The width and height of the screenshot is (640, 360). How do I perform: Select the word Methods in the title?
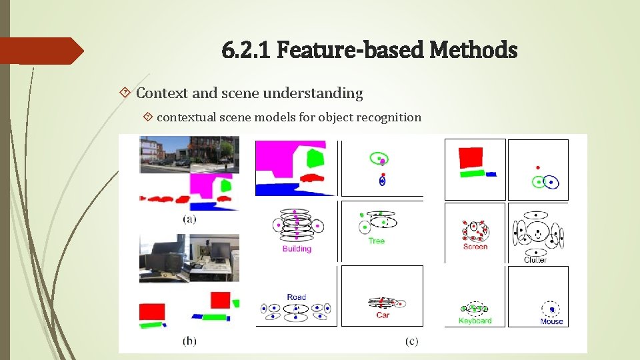(474, 49)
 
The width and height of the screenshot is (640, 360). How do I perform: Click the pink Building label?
(297, 249)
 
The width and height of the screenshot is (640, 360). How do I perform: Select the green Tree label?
(377, 241)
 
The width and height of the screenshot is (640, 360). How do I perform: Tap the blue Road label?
(297, 297)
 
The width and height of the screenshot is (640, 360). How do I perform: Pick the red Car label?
(383, 315)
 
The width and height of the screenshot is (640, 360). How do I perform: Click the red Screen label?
(475, 247)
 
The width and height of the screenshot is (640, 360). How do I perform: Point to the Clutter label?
(535, 260)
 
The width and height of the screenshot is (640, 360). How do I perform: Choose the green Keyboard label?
(475, 321)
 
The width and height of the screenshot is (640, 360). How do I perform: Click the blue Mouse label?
(551, 321)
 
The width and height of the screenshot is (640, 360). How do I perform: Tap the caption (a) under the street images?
(189, 219)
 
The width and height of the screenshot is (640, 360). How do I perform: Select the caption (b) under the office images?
(189, 341)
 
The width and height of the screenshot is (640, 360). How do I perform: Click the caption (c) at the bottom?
(411, 341)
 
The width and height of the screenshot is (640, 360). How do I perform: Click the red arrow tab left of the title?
(40, 51)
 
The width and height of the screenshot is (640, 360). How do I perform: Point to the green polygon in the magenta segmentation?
(314, 158)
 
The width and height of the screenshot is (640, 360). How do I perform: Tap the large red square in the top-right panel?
(470, 158)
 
